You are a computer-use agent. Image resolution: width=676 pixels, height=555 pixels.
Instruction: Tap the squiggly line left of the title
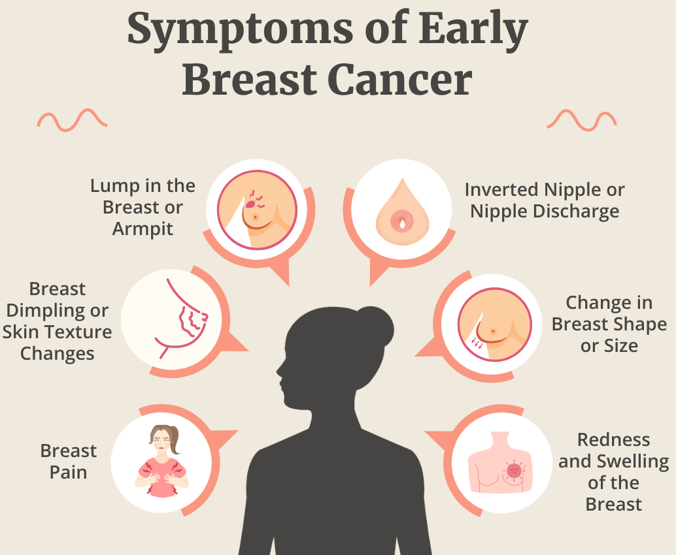72,120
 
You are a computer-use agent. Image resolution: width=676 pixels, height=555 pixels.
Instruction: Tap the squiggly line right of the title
581,120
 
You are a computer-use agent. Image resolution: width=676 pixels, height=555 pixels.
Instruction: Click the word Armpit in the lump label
143,229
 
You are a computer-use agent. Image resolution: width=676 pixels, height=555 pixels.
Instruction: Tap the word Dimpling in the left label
58,310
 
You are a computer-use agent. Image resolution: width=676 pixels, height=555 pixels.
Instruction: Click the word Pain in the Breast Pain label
68,472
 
